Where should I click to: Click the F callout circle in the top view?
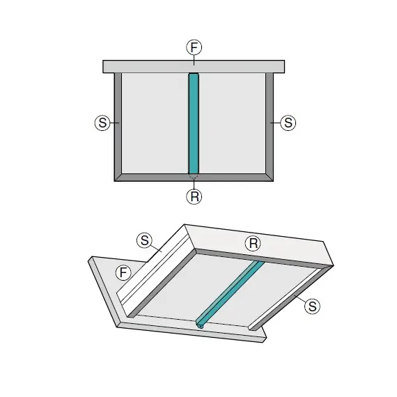tap(194, 47)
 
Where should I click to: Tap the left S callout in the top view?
tap(102, 123)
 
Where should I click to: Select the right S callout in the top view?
tap(288, 123)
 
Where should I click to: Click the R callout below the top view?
tap(194, 196)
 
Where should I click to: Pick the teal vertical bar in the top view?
tap(194, 123)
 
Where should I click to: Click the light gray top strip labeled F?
tap(194, 67)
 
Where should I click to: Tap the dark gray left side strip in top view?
tap(118, 127)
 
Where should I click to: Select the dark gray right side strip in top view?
tap(270, 127)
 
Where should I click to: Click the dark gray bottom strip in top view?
tap(194, 178)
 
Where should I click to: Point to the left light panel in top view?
tap(155, 123)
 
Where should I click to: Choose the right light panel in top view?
tap(233, 123)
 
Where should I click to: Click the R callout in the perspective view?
tap(253, 244)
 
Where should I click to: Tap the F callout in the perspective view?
tap(123, 273)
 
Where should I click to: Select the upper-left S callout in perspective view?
tap(145, 240)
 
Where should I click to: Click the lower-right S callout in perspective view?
tap(313, 306)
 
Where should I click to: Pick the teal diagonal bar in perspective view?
tap(230, 295)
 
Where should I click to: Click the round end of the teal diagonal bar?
tap(201, 326)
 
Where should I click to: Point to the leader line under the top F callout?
tap(194, 61)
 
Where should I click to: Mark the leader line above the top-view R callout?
tap(194, 184)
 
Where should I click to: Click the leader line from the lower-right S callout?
tap(300, 299)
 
